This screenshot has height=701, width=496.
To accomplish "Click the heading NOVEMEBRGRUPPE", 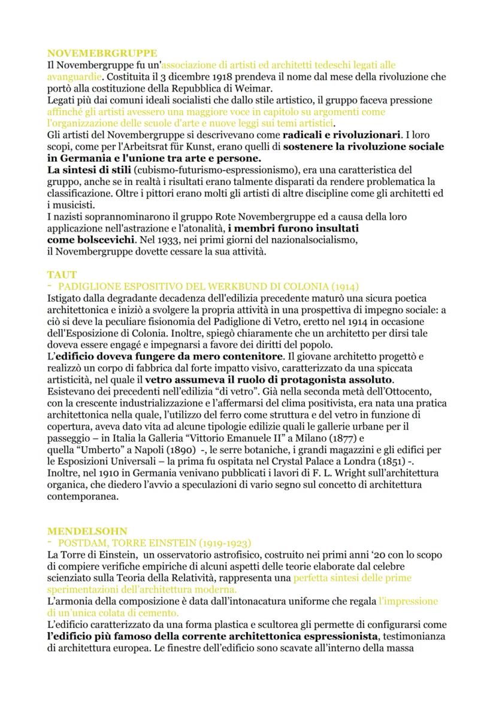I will coord(102,53).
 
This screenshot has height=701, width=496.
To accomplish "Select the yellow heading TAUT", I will coord(62,275).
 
